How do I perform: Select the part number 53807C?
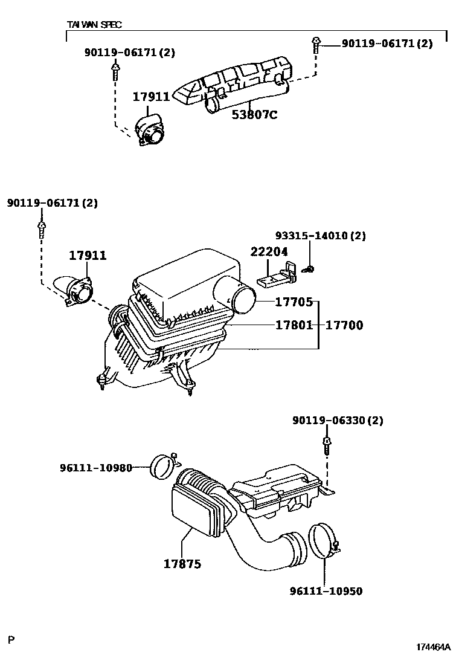pos(254,114)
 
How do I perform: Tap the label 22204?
pos(269,253)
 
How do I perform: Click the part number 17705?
pos(294,302)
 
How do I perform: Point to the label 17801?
pos(294,325)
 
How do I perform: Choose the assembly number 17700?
pos(344,325)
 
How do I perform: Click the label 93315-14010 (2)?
pos(320,236)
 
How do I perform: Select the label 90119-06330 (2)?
pos(338,420)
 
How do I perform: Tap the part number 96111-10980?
pos(95,468)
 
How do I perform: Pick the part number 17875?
pos(182,564)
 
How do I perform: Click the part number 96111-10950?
pos(326,591)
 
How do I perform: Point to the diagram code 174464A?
pos(433,647)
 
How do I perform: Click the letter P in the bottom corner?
pos(11,639)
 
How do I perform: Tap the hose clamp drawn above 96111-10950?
pos(323,541)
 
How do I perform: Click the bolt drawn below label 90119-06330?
pos(326,445)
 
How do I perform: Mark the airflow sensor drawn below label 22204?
pos(275,277)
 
